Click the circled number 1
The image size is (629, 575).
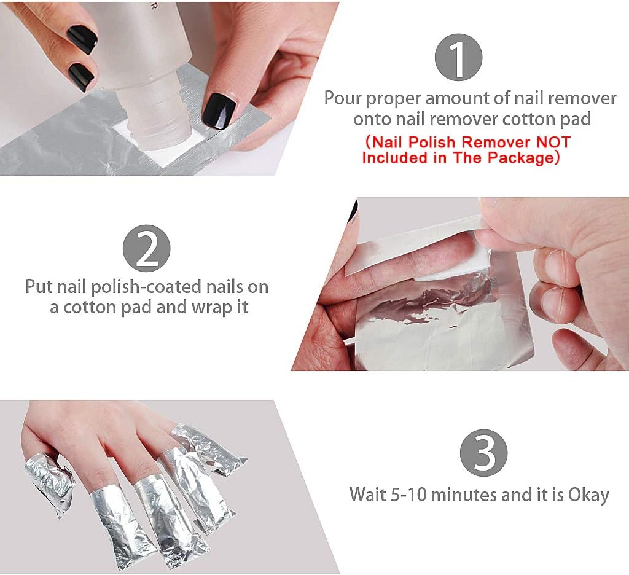point(458,57)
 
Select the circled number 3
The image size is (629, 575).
point(483,453)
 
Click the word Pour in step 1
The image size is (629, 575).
point(342,98)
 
